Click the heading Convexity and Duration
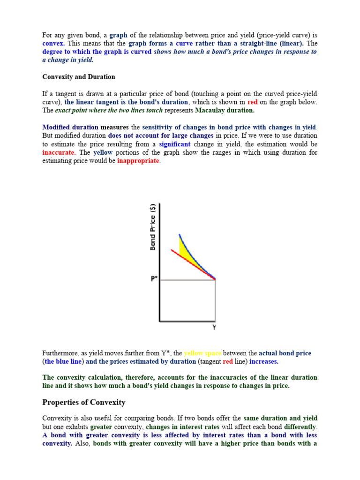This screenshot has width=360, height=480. [78, 77]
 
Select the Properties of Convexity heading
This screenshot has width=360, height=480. [84, 402]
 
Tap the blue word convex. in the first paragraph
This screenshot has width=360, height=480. [53, 43]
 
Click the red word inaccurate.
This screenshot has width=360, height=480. [59, 153]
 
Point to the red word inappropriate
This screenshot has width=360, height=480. [138, 161]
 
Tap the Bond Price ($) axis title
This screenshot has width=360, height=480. [152, 227]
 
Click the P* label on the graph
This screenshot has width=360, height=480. [153, 278]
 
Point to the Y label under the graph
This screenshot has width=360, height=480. [214, 328]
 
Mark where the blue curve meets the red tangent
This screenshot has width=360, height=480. [214, 279]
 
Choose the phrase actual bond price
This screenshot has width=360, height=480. [285, 353]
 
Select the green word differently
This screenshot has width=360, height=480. [298, 427]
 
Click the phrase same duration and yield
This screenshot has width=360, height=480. [280, 418]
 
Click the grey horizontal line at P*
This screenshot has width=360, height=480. [187, 280]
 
